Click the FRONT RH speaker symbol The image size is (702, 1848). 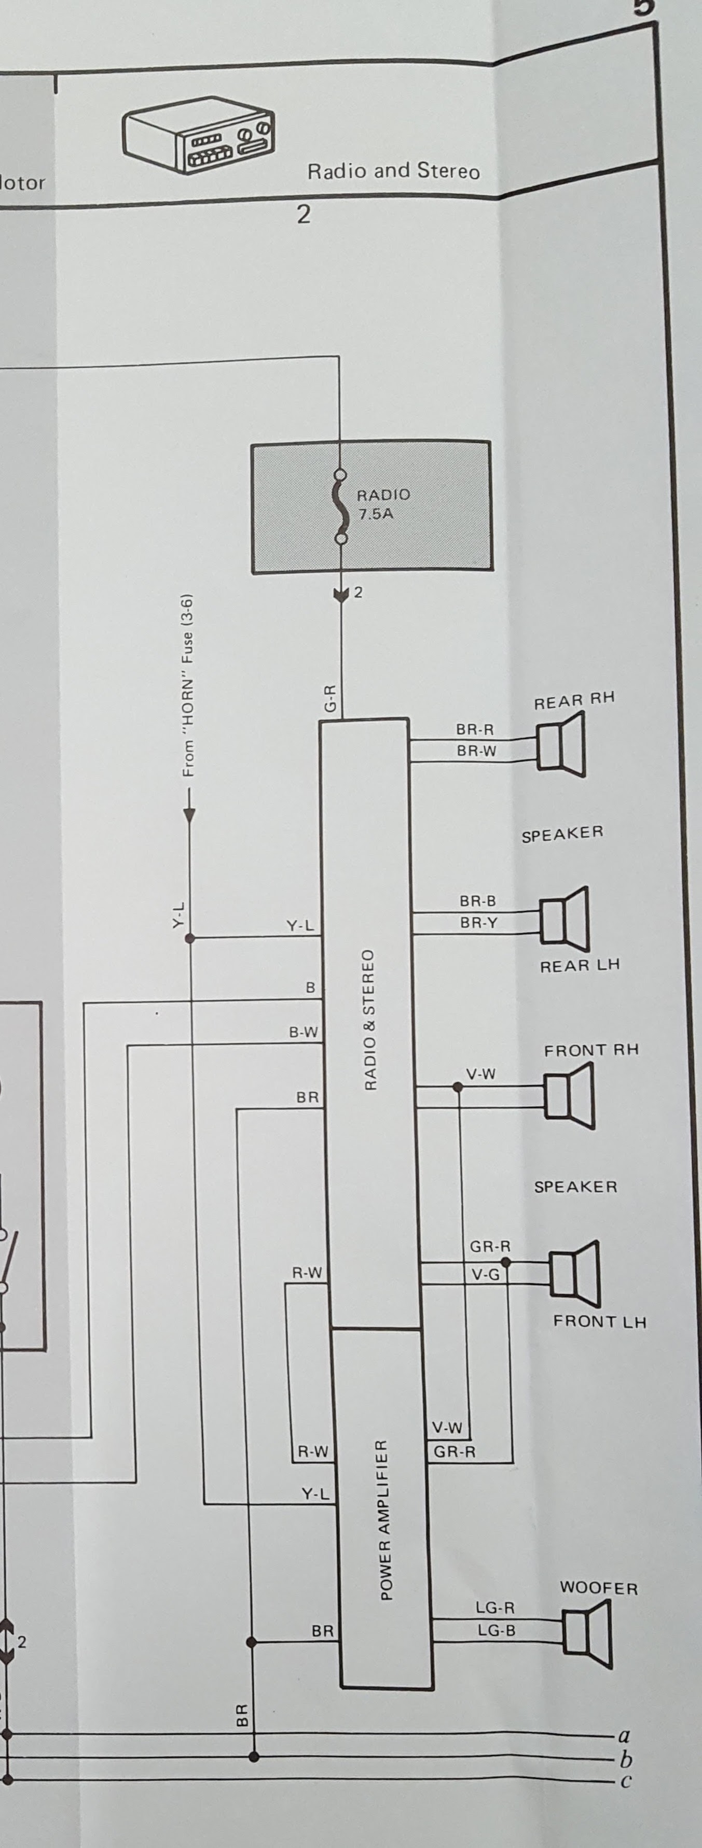click(569, 1095)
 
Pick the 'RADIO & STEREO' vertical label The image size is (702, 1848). click(369, 1020)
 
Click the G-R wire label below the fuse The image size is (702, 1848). click(329, 697)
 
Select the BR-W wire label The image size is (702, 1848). click(476, 751)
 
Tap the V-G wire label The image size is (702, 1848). click(485, 1274)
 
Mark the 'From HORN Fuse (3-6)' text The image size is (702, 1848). click(188, 685)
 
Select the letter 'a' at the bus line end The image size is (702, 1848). click(624, 1736)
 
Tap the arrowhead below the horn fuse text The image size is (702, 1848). click(189, 814)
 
